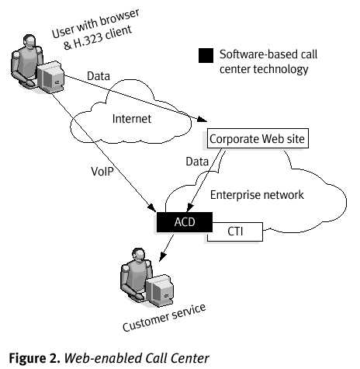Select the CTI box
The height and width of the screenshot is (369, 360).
(236, 231)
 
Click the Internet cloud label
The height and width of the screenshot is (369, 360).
(133, 119)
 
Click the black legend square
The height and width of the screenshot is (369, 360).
(206, 55)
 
